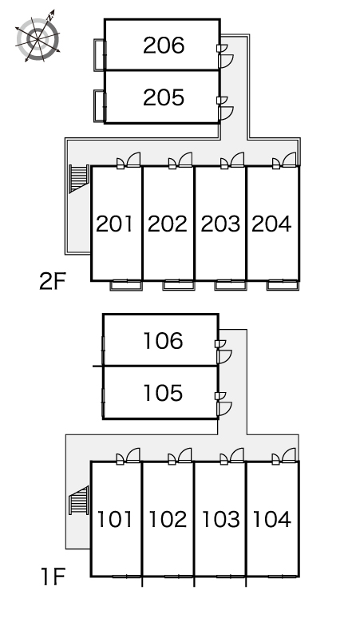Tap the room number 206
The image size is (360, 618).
click(x=164, y=46)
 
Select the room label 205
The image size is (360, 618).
click(x=164, y=97)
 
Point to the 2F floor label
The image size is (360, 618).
click(x=52, y=281)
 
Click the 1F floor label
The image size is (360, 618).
click(x=53, y=576)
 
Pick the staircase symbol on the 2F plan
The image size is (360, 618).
click(x=79, y=178)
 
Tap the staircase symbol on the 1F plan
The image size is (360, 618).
click(x=79, y=501)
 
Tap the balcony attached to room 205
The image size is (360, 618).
click(x=100, y=105)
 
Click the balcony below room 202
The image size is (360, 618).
click(x=179, y=285)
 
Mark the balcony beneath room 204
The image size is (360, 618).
click(x=283, y=285)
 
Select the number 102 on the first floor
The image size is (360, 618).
click(x=168, y=519)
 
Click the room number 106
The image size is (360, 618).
click(x=163, y=341)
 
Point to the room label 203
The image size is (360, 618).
click(x=220, y=224)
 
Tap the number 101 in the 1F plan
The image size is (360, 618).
click(x=115, y=519)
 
